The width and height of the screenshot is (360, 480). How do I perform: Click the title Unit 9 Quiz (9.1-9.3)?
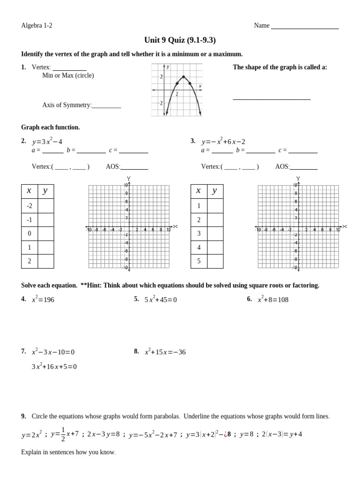pos(180,40)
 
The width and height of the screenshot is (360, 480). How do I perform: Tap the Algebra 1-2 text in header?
pos(37,25)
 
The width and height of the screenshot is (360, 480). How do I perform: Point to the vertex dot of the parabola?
pos(183,77)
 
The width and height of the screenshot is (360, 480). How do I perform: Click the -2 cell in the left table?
pos(29,206)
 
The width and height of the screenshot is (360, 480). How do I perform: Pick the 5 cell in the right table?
pos(199,261)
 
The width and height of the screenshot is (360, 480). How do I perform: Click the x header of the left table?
pos(29,191)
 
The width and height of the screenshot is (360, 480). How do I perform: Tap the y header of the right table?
pos(215,191)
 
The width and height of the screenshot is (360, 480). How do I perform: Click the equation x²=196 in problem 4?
pos(43,300)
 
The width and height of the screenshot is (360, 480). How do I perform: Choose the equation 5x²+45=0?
pos(160,300)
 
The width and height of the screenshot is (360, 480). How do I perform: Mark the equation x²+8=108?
pos(273,300)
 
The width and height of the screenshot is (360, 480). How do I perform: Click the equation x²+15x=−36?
pos(165,352)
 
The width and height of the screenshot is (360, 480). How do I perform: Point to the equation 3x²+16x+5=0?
pos(54,367)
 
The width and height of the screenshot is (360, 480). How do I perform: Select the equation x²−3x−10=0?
pos(53,352)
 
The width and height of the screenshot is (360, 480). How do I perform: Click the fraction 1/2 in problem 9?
pos(63,434)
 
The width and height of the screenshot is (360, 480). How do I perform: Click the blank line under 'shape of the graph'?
pos(271,98)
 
